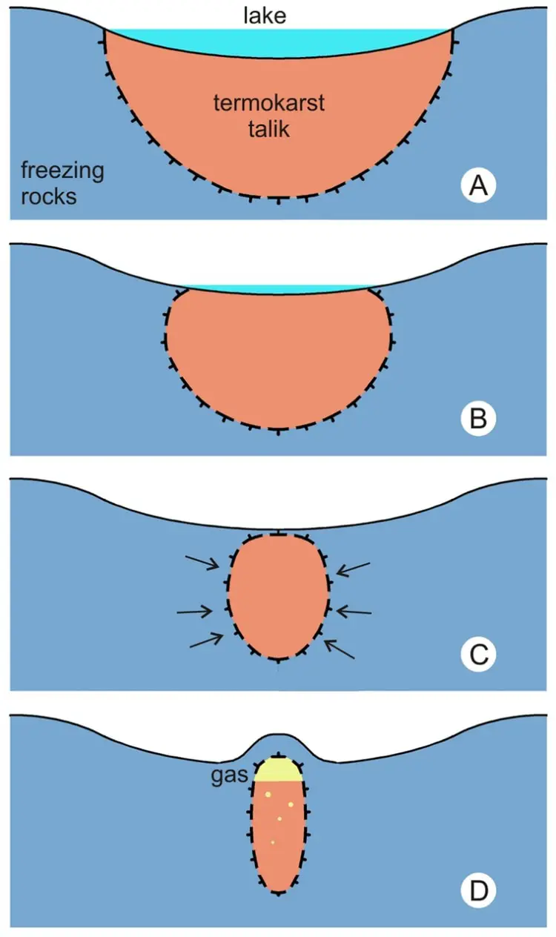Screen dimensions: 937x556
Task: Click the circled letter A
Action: [478, 186]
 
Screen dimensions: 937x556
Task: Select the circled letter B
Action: [478, 420]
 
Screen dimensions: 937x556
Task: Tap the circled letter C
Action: [478, 655]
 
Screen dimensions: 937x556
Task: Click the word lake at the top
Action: [265, 16]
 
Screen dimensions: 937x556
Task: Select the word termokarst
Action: [269, 102]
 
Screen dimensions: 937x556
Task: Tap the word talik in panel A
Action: [269, 130]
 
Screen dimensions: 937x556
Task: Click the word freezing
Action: [62, 171]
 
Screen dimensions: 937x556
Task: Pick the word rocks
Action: [48, 197]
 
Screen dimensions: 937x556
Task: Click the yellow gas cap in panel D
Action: [278, 769]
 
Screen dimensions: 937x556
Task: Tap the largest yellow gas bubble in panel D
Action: [291, 804]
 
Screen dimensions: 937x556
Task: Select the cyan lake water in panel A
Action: [278, 41]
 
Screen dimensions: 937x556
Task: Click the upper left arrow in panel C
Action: [204, 563]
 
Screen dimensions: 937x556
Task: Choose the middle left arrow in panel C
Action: [196, 612]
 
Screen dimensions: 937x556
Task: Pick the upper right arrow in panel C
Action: [352, 567]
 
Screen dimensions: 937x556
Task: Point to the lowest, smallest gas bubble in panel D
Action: [273, 843]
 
